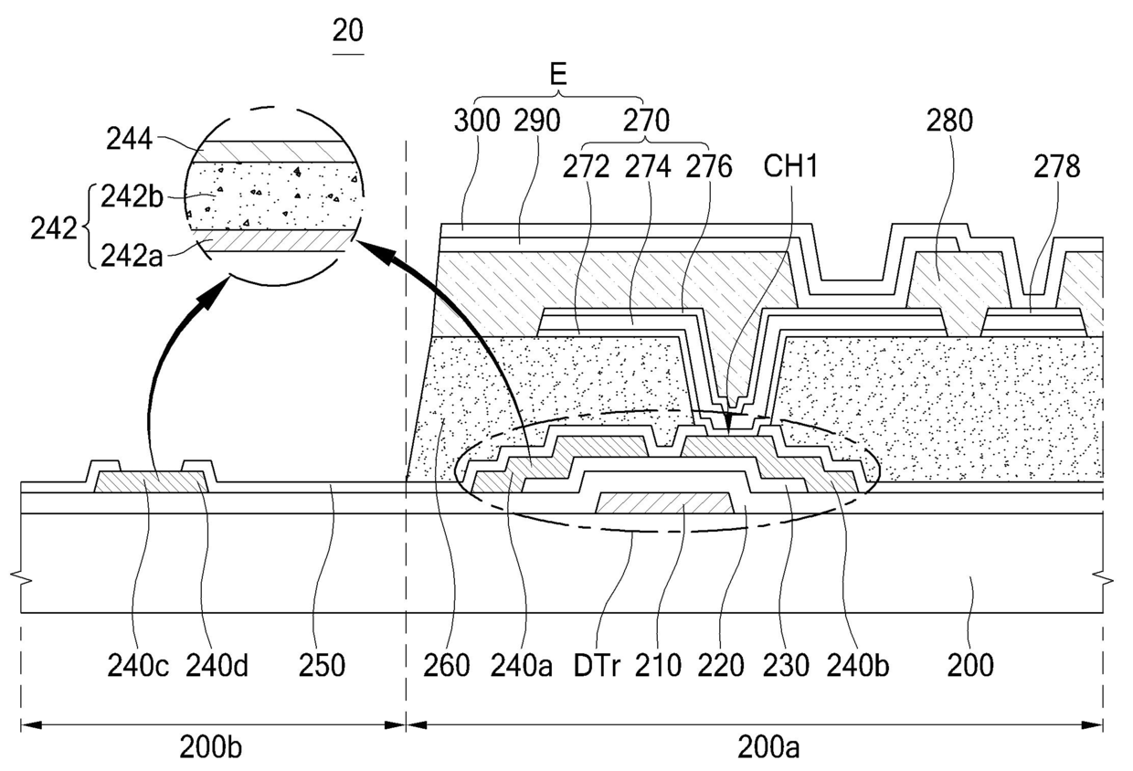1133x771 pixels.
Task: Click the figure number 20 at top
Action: [348, 31]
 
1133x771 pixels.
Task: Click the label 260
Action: [446, 666]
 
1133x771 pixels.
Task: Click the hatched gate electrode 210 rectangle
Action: [665, 502]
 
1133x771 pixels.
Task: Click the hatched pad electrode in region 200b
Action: [152, 481]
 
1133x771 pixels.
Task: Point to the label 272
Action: [603, 167]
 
